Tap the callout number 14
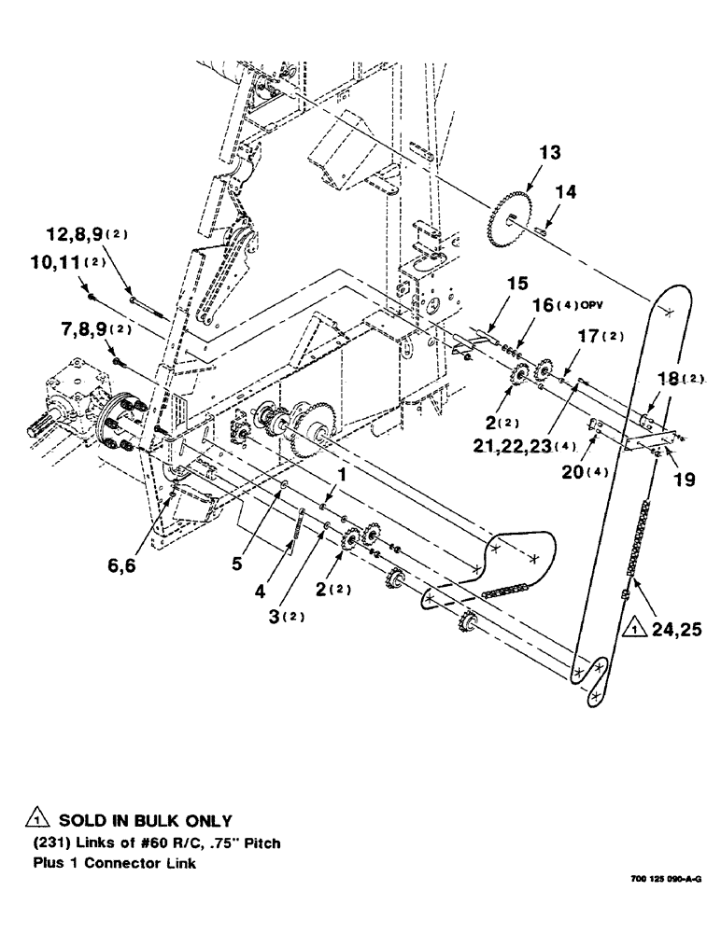click(567, 191)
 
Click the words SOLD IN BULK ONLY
click(144, 821)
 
